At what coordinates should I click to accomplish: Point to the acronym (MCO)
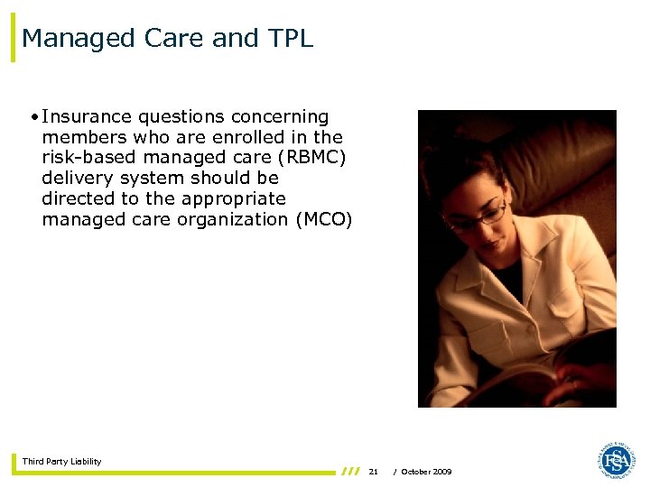323,219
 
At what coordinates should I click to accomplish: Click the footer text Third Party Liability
61,462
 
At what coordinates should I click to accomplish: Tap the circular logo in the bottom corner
616,461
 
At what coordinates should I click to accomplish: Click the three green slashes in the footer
350,471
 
